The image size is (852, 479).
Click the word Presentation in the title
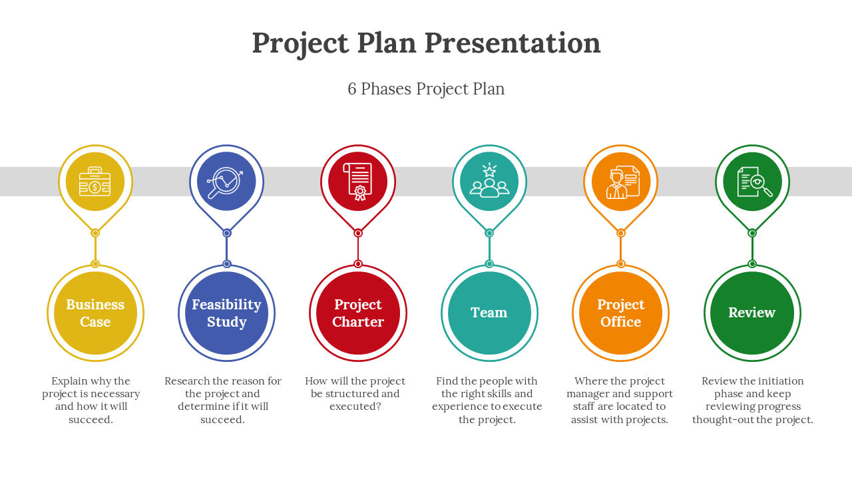click(x=513, y=43)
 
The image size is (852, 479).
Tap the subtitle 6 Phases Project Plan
click(x=426, y=89)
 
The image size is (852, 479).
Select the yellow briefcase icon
click(x=95, y=182)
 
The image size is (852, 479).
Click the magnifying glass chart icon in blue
click(x=226, y=183)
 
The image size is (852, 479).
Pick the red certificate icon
click(x=357, y=182)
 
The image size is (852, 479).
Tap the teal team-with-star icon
click(x=489, y=180)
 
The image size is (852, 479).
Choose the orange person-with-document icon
click(x=622, y=182)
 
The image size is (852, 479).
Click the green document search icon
click(x=755, y=182)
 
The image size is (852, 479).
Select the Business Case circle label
click(x=95, y=313)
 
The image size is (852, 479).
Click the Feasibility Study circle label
click(x=227, y=313)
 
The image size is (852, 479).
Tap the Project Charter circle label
click(x=358, y=313)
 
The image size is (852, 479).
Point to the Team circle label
click(x=489, y=313)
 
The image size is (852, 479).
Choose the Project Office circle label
click(x=621, y=313)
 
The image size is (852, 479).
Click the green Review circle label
click(x=752, y=313)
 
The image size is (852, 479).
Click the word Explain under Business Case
click(x=69, y=381)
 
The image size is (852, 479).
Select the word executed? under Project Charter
click(x=355, y=406)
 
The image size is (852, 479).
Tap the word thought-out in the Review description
click(x=716, y=420)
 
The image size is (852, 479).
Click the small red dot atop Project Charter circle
click(x=358, y=264)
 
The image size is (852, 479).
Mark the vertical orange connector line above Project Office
click(x=621, y=249)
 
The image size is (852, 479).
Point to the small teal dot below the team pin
click(x=489, y=233)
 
